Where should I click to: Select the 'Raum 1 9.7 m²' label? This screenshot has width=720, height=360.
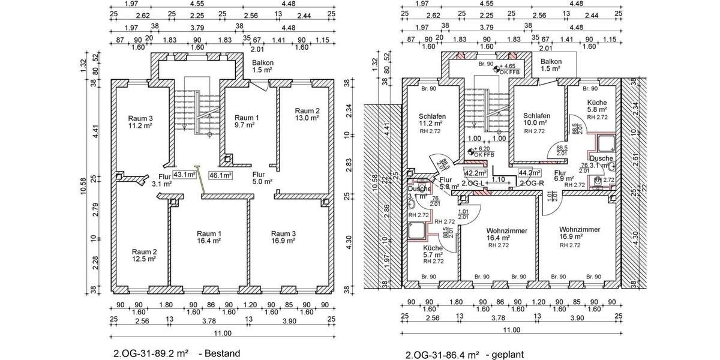pos(247,121)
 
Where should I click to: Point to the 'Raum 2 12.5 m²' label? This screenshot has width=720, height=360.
pos(144,255)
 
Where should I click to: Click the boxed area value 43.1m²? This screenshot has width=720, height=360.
pos(185,175)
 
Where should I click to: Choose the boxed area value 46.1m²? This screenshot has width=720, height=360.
pos(220,175)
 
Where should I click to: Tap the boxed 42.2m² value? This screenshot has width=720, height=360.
pos(475,173)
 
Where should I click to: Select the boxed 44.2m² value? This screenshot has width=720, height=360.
pos(530,173)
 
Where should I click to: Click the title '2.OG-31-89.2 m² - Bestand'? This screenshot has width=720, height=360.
pos(176,353)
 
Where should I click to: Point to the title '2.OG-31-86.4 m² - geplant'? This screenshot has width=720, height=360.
pos(464,355)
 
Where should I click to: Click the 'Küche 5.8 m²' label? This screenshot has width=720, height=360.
pos(598,106)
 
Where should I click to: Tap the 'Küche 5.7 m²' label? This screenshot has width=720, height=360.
pos(433,251)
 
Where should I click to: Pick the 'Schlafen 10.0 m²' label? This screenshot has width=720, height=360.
pos(536,119)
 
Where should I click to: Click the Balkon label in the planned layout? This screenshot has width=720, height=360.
pos(551,65)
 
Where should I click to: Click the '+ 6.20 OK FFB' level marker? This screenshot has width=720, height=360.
pos(484,151)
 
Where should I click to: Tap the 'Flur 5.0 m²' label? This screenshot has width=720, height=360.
pos(262,178)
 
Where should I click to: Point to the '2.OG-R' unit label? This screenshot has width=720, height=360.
pos(532,182)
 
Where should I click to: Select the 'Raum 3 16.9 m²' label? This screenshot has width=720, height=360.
pos(283,236)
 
